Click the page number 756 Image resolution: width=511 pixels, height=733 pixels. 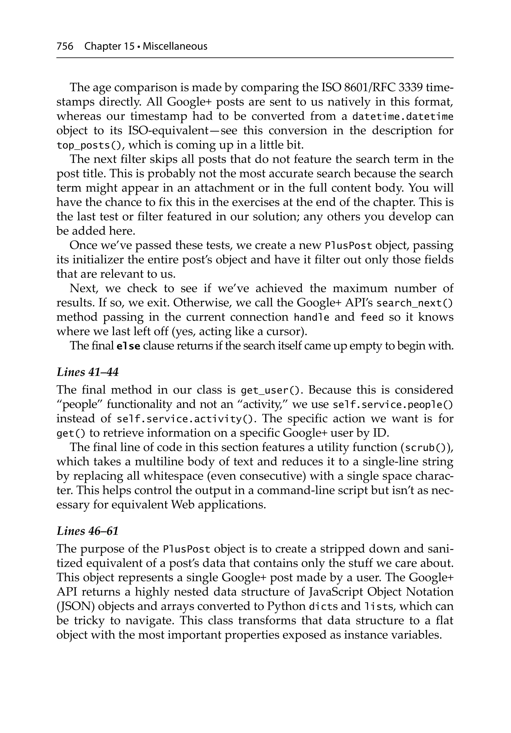65,46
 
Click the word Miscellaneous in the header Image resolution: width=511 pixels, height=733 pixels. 175,46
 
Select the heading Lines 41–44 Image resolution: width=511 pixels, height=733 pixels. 88,372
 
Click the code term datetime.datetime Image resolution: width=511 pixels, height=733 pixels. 402,117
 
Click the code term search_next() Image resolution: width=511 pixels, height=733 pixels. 414,303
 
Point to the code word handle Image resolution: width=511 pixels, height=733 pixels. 311,317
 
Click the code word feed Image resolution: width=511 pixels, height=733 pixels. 372,317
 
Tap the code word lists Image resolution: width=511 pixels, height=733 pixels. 379,606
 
